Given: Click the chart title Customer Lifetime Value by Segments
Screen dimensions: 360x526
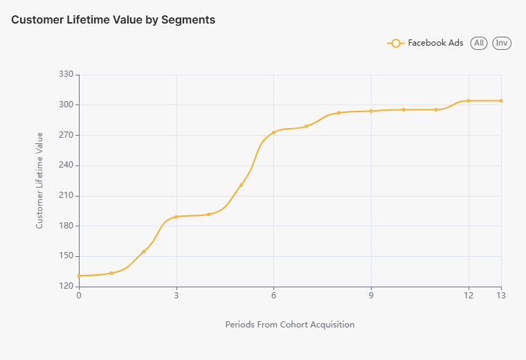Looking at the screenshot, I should pyautogui.click(x=113, y=20).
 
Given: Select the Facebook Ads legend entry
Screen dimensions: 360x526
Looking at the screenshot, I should pyautogui.click(x=425, y=43).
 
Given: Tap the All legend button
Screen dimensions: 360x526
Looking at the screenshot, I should pyautogui.click(x=478, y=43).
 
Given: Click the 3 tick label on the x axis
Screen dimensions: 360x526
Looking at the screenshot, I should pyautogui.click(x=176, y=296).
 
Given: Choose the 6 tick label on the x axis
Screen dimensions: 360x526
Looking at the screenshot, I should pyautogui.click(x=273, y=296).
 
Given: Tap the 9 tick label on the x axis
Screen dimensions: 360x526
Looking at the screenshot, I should pyautogui.click(x=371, y=296).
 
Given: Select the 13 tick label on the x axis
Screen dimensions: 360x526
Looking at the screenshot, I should pyautogui.click(x=500, y=296).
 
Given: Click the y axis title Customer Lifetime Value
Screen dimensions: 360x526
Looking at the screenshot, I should pyautogui.click(x=39, y=181).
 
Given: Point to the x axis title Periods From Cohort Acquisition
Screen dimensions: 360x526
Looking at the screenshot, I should pyautogui.click(x=290, y=325).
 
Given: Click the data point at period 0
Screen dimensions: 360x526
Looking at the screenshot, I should pyautogui.click(x=79, y=276).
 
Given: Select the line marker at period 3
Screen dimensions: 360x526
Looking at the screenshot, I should pyautogui.click(x=176, y=217).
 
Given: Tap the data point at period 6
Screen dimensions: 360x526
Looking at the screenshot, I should pyautogui.click(x=273, y=132).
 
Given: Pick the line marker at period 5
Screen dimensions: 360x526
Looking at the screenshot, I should pyautogui.click(x=241, y=185).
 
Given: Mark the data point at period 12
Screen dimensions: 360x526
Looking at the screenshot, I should pyautogui.click(x=469, y=101).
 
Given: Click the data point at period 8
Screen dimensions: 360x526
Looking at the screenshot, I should pyautogui.click(x=338, y=113).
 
